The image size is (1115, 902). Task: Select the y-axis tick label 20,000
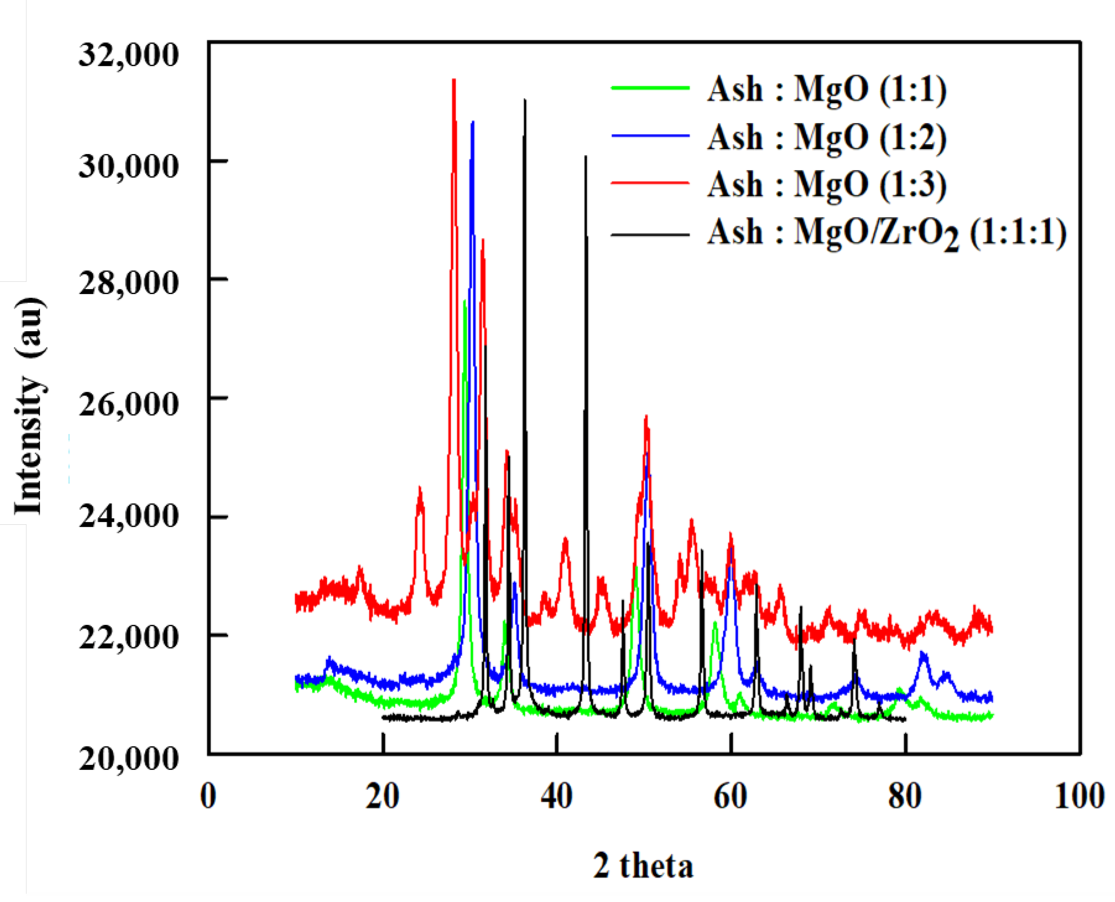point(128,758)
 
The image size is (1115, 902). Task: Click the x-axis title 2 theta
point(643,866)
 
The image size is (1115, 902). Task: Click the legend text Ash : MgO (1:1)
point(827,89)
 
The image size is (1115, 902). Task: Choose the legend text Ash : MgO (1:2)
point(827,137)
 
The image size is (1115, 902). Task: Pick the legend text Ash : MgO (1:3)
point(827,184)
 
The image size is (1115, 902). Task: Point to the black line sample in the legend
point(650,235)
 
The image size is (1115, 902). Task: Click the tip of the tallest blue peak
point(472,122)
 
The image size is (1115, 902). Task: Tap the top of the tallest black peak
point(525,100)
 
